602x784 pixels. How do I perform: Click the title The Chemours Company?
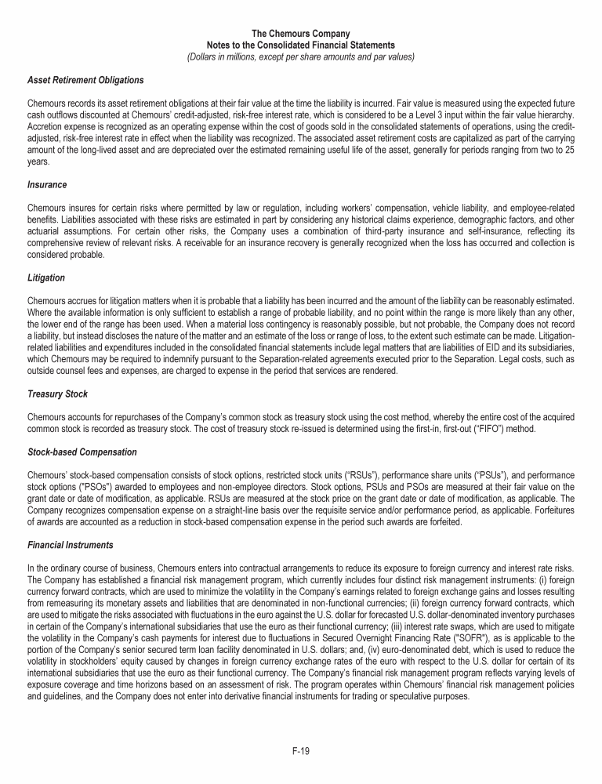301,33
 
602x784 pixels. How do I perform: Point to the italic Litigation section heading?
45,278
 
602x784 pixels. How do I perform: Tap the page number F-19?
301,751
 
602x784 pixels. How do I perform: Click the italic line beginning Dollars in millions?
301,57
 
